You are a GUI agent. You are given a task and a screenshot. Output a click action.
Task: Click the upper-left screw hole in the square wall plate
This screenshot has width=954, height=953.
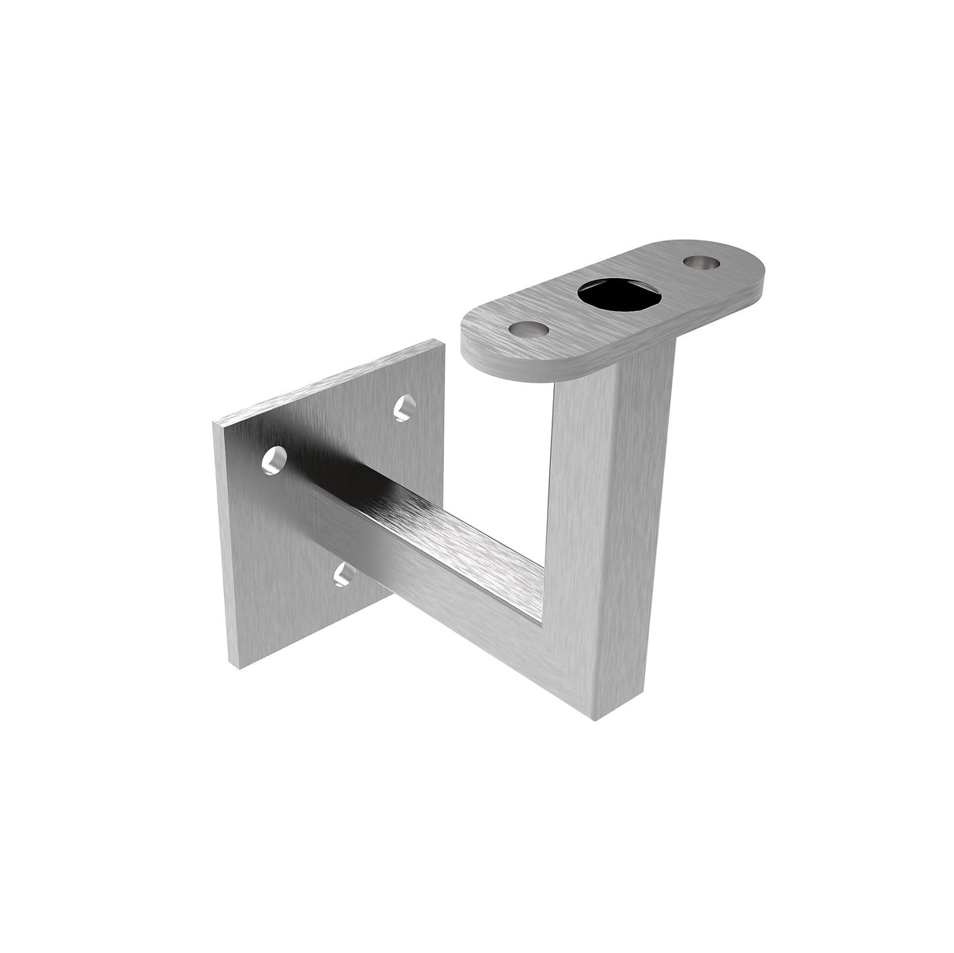[274, 460]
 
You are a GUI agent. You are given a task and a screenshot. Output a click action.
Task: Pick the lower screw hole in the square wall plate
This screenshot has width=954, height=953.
[343, 574]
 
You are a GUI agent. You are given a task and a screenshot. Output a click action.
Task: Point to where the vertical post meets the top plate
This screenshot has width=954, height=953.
[621, 368]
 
